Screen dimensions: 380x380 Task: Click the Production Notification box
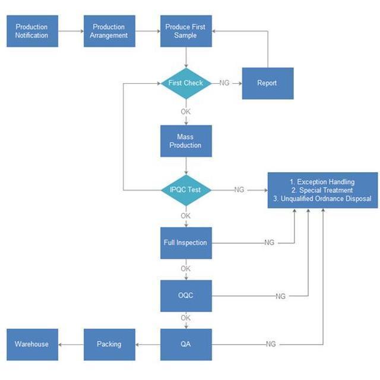32,31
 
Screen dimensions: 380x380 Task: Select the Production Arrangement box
109,31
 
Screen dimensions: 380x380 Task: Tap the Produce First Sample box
186,31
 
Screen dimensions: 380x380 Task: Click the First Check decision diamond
186,83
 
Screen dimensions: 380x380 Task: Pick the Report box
267,83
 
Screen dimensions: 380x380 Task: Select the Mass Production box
186,141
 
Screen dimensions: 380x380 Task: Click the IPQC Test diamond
186,190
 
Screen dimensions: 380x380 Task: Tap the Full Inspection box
186,242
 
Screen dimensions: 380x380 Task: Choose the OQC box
186,296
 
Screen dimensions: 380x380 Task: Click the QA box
186,344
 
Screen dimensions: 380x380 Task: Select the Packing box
109,344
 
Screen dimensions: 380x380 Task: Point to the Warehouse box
32,344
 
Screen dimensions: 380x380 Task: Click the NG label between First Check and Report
224,83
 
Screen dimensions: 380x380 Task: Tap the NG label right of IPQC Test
239,190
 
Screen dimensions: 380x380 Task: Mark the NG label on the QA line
271,344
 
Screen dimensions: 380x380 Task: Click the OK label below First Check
186,112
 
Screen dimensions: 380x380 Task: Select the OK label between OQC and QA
186,318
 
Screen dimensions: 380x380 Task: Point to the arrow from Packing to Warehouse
71,344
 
